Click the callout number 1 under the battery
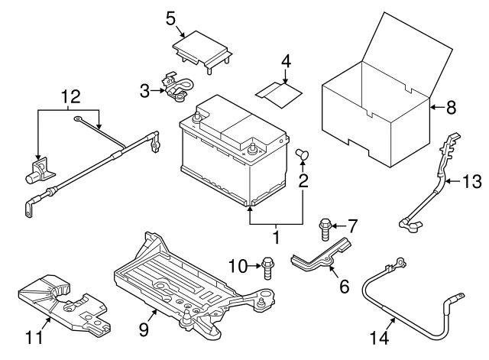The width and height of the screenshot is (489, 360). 276,238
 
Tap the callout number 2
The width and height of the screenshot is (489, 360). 303,182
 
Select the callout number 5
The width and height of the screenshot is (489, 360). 171,17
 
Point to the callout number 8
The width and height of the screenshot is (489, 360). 450,108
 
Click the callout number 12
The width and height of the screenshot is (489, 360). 70,97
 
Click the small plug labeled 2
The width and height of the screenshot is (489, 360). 302,155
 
